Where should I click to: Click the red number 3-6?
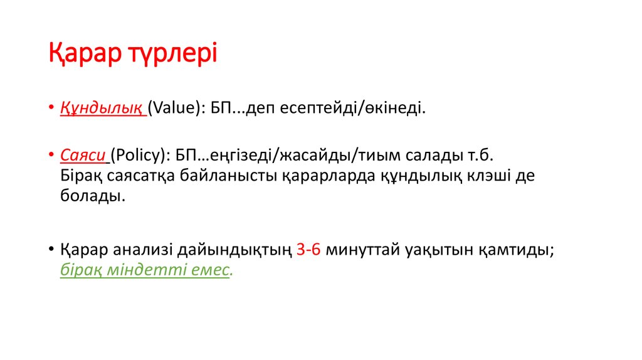coord(308,249)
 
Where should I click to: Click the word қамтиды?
coord(517,249)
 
